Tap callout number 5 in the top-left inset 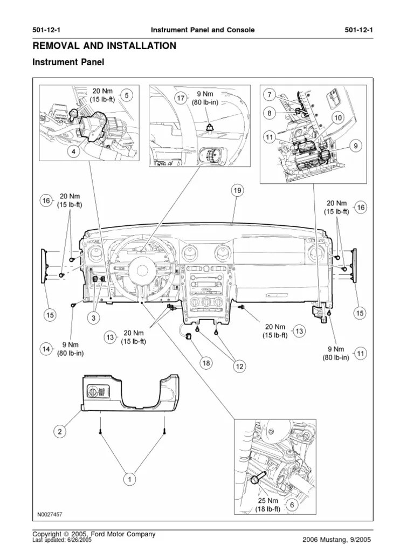[126, 95]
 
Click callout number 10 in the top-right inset [337, 118]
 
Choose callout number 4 [71, 151]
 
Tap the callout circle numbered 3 [93, 319]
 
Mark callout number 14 [46, 350]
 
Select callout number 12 [239, 367]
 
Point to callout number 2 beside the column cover [60, 431]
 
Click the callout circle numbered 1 [129, 478]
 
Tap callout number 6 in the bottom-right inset [292, 505]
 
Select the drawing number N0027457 [50, 514]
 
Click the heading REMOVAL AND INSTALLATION [104, 46]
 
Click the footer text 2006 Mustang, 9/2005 [336, 540]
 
